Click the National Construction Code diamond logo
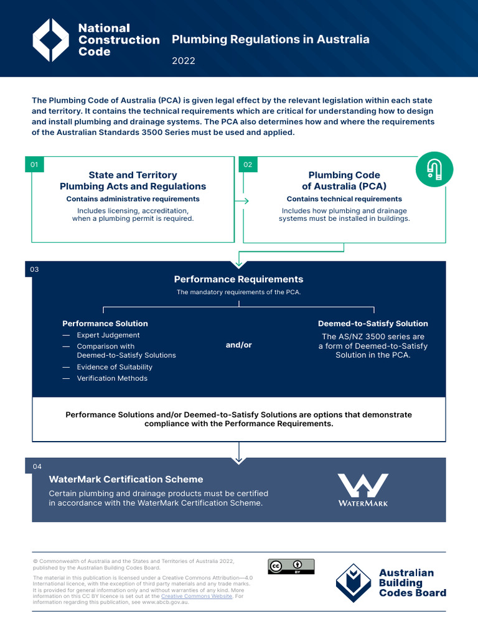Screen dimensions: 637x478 click(50, 40)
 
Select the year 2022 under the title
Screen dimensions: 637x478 click(184, 60)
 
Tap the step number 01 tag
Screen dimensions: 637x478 click(34, 165)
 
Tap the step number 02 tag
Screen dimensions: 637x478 click(248, 165)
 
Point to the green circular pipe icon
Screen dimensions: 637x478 click(434, 170)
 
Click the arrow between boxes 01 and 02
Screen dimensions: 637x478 click(241, 201)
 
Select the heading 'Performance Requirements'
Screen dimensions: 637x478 click(238, 279)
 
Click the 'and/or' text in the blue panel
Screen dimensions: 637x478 click(238, 345)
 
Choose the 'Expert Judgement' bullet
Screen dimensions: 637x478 click(108, 335)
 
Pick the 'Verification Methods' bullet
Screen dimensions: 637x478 click(112, 378)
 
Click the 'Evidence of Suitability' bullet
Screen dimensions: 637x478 click(115, 367)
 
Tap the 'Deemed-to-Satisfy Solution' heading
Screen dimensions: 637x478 click(373, 323)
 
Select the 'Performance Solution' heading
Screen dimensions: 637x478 click(105, 323)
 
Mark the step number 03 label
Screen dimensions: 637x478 click(34, 269)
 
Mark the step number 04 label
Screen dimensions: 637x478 click(37, 467)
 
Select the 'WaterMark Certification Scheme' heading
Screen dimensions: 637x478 click(126, 480)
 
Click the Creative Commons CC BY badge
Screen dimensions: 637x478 click(291, 567)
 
